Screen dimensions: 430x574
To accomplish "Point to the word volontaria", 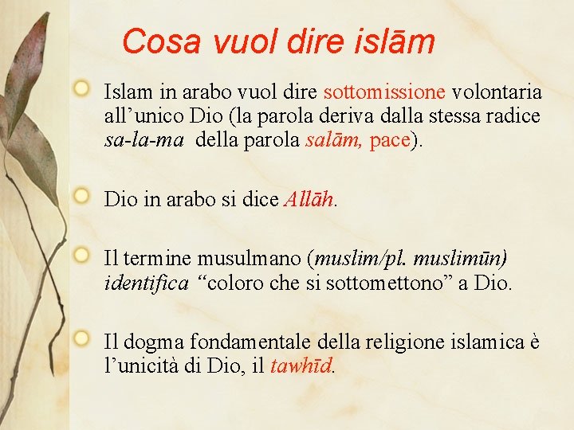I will [497, 92].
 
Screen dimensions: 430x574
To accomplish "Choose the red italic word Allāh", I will [309, 199].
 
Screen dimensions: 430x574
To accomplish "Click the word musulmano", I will [252, 259].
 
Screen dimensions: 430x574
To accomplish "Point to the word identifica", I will [147, 283].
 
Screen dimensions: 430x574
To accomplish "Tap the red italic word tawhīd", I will [302, 366].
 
